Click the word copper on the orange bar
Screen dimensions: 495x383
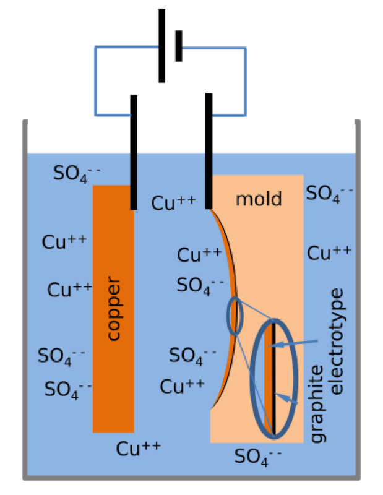(114, 309)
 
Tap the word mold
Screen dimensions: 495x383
(259, 199)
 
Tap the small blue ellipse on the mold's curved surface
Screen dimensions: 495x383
(235, 316)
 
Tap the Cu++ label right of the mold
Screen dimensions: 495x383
(330, 252)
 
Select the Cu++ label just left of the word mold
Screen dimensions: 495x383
(174, 203)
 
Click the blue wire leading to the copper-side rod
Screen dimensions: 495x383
(95, 80)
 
